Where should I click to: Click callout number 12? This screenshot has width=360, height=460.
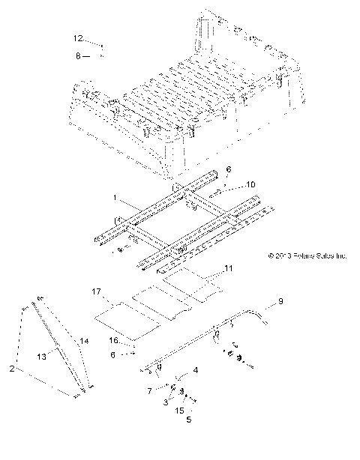click(x=78, y=37)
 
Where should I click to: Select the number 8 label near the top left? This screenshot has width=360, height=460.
click(x=77, y=55)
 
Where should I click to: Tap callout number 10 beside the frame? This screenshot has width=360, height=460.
click(x=229, y=184)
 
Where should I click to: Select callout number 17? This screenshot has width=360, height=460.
click(x=97, y=291)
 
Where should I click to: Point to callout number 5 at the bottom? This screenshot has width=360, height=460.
click(x=189, y=420)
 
